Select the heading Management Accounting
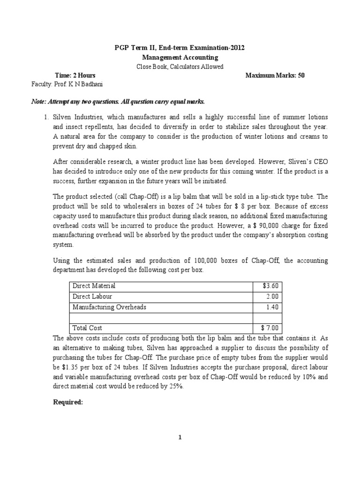point(180,57)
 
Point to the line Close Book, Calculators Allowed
point(180,67)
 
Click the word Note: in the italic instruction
point(39,102)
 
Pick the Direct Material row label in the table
point(93,285)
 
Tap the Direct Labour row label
point(92,296)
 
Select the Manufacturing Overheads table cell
point(109,307)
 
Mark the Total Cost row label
point(87,328)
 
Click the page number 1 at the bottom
point(180,438)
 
